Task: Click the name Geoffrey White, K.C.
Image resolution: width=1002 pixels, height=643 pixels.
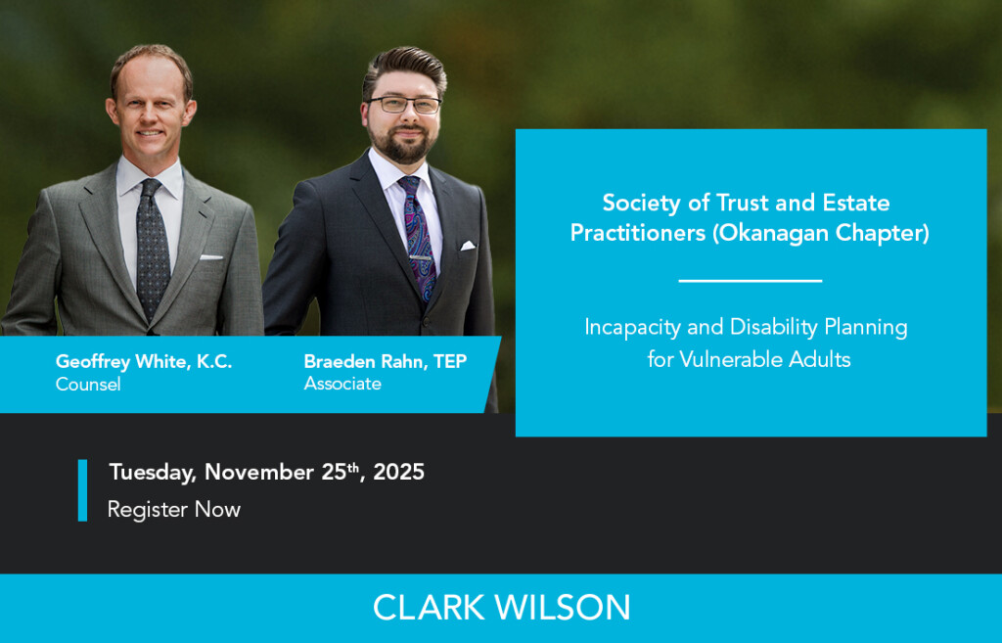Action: (x=144, y=362)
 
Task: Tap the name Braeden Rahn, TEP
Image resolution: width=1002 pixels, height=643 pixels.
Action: (x=386, y=362)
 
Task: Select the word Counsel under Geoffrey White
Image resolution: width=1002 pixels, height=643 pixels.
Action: (x=88, y=385)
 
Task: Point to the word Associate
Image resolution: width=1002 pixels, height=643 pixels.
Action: (x=342, y=384)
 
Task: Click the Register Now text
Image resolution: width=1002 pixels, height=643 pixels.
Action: (x=173, y=509)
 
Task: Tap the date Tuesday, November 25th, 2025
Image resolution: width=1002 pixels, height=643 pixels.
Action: (x=266, y=472)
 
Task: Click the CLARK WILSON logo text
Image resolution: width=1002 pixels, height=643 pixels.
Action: (x=501, y=608)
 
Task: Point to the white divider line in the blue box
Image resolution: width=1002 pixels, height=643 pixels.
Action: (x=750, y=281)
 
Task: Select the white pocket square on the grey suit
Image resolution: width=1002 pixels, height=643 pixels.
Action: (x=211, y=257)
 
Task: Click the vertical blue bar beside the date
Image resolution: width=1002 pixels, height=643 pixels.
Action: (x=83, y=489)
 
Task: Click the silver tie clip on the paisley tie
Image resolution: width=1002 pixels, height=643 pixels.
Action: (x=423, y=259)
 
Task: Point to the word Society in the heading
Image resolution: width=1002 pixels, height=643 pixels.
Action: (x=638, y=204)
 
